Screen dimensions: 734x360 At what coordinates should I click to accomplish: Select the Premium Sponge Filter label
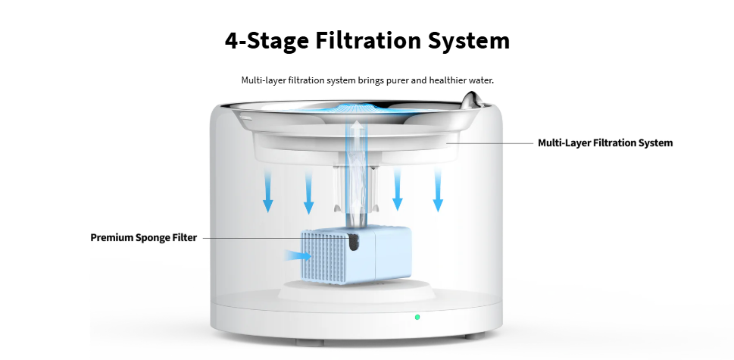point(144,237)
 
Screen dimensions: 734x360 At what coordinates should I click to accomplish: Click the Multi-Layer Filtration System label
point(605,142)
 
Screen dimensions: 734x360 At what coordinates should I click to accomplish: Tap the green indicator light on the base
point(417,317)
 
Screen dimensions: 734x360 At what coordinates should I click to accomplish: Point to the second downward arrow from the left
point(308,191)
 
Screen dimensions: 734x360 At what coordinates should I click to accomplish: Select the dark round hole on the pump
point(354,244)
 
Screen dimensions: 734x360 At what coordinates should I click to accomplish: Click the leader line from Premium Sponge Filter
point(250,238)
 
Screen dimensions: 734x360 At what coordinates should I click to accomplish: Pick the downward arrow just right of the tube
point(397,189)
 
